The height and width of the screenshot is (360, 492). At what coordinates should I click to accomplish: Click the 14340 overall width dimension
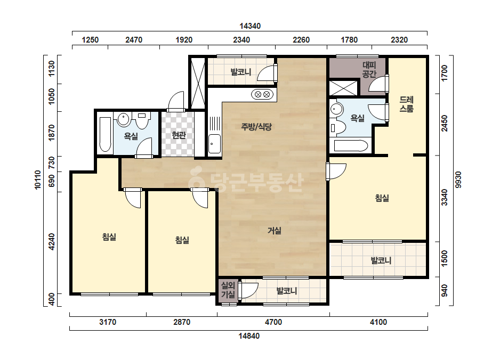coord(250,26)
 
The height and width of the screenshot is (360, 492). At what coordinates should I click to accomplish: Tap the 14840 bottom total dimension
coord(249,336)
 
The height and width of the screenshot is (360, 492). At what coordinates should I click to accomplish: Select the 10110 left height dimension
coord(38,179)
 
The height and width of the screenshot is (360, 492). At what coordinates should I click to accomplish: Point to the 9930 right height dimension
coord(458,179)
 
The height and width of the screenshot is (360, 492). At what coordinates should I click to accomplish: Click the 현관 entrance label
coord(179,135)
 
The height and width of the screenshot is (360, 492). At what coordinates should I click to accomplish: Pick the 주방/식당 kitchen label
coord(256,127)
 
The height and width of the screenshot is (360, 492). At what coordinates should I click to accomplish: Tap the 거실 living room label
coord(274,231)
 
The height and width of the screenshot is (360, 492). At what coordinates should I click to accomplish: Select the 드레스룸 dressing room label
coord(406,104)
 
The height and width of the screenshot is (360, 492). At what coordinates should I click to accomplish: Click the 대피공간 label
coord(369,70)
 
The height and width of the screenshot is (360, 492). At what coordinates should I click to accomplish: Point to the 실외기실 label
coord(228,290)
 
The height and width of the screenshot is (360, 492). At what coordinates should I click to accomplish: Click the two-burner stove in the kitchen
coord(263,94)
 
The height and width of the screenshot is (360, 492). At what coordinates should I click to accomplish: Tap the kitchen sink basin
coord(215,144)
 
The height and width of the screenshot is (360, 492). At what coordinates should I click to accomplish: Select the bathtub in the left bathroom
coord(105,135)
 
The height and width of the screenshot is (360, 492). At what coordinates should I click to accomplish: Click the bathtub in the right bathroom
coord(351,146)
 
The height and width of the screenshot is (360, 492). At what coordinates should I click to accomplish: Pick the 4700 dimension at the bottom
coord(273,322)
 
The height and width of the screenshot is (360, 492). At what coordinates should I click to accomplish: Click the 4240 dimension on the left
coord(52,242)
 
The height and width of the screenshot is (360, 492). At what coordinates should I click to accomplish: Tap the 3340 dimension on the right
coord(445,197)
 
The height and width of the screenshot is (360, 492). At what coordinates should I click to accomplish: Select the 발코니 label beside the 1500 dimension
coord(381,260)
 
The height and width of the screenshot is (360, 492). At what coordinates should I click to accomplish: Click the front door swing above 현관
coord(176,101)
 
